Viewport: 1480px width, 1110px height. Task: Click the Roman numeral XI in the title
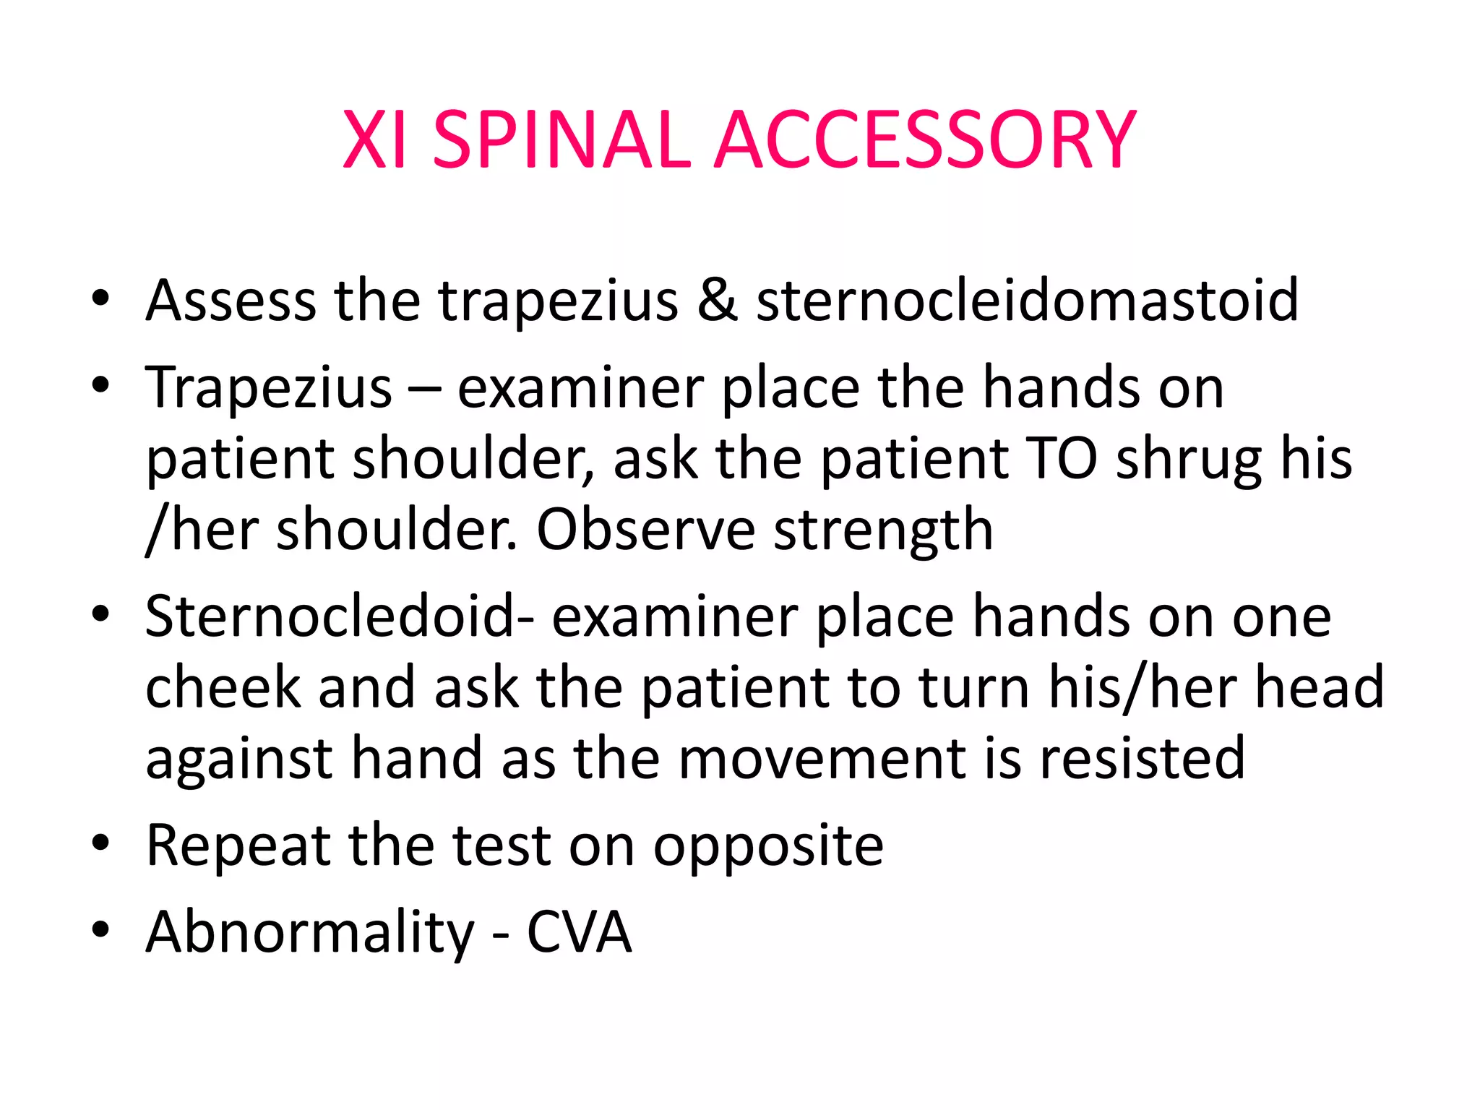374,139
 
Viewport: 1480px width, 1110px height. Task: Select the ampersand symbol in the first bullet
717,301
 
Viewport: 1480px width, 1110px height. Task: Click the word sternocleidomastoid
1027,301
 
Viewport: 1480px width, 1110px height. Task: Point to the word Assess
231,301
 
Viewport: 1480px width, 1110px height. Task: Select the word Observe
646,530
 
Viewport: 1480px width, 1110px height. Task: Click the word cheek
223,687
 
